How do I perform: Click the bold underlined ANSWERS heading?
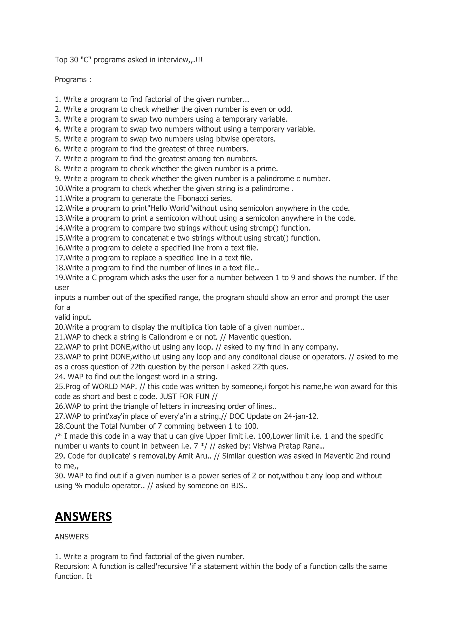(83, 516)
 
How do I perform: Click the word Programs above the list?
(71, 80)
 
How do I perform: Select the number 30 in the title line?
(74, 60)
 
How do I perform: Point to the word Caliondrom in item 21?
(168, 337)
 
